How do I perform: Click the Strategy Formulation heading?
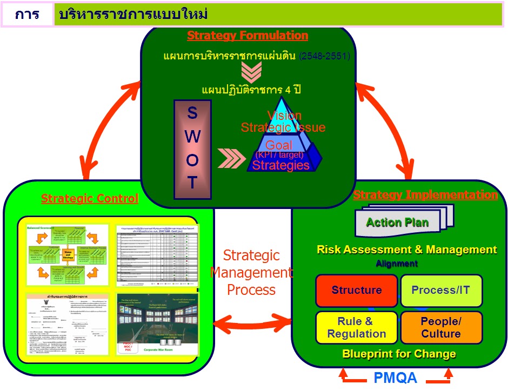pos(248,36)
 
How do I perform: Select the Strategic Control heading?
pos(90,199)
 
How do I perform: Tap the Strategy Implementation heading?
pos(425,195)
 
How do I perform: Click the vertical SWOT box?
pos(192,145)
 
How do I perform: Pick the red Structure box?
pos(356,291)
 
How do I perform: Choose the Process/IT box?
pos(441,291)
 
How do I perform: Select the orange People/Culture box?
pos(441,327)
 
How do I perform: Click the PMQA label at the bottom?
pos(396,377)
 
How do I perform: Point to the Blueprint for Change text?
pos(399,354)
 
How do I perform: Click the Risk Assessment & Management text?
pos(406,250)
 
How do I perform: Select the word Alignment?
pos(397,264)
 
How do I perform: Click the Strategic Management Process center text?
pos(251,272)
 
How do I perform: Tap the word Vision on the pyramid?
pos(284,116)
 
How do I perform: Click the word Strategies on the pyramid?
pos(280,165)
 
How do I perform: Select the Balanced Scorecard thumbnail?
pos(66,254)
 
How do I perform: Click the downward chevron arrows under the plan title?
pos(251,72)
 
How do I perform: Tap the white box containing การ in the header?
pos(26,14)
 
